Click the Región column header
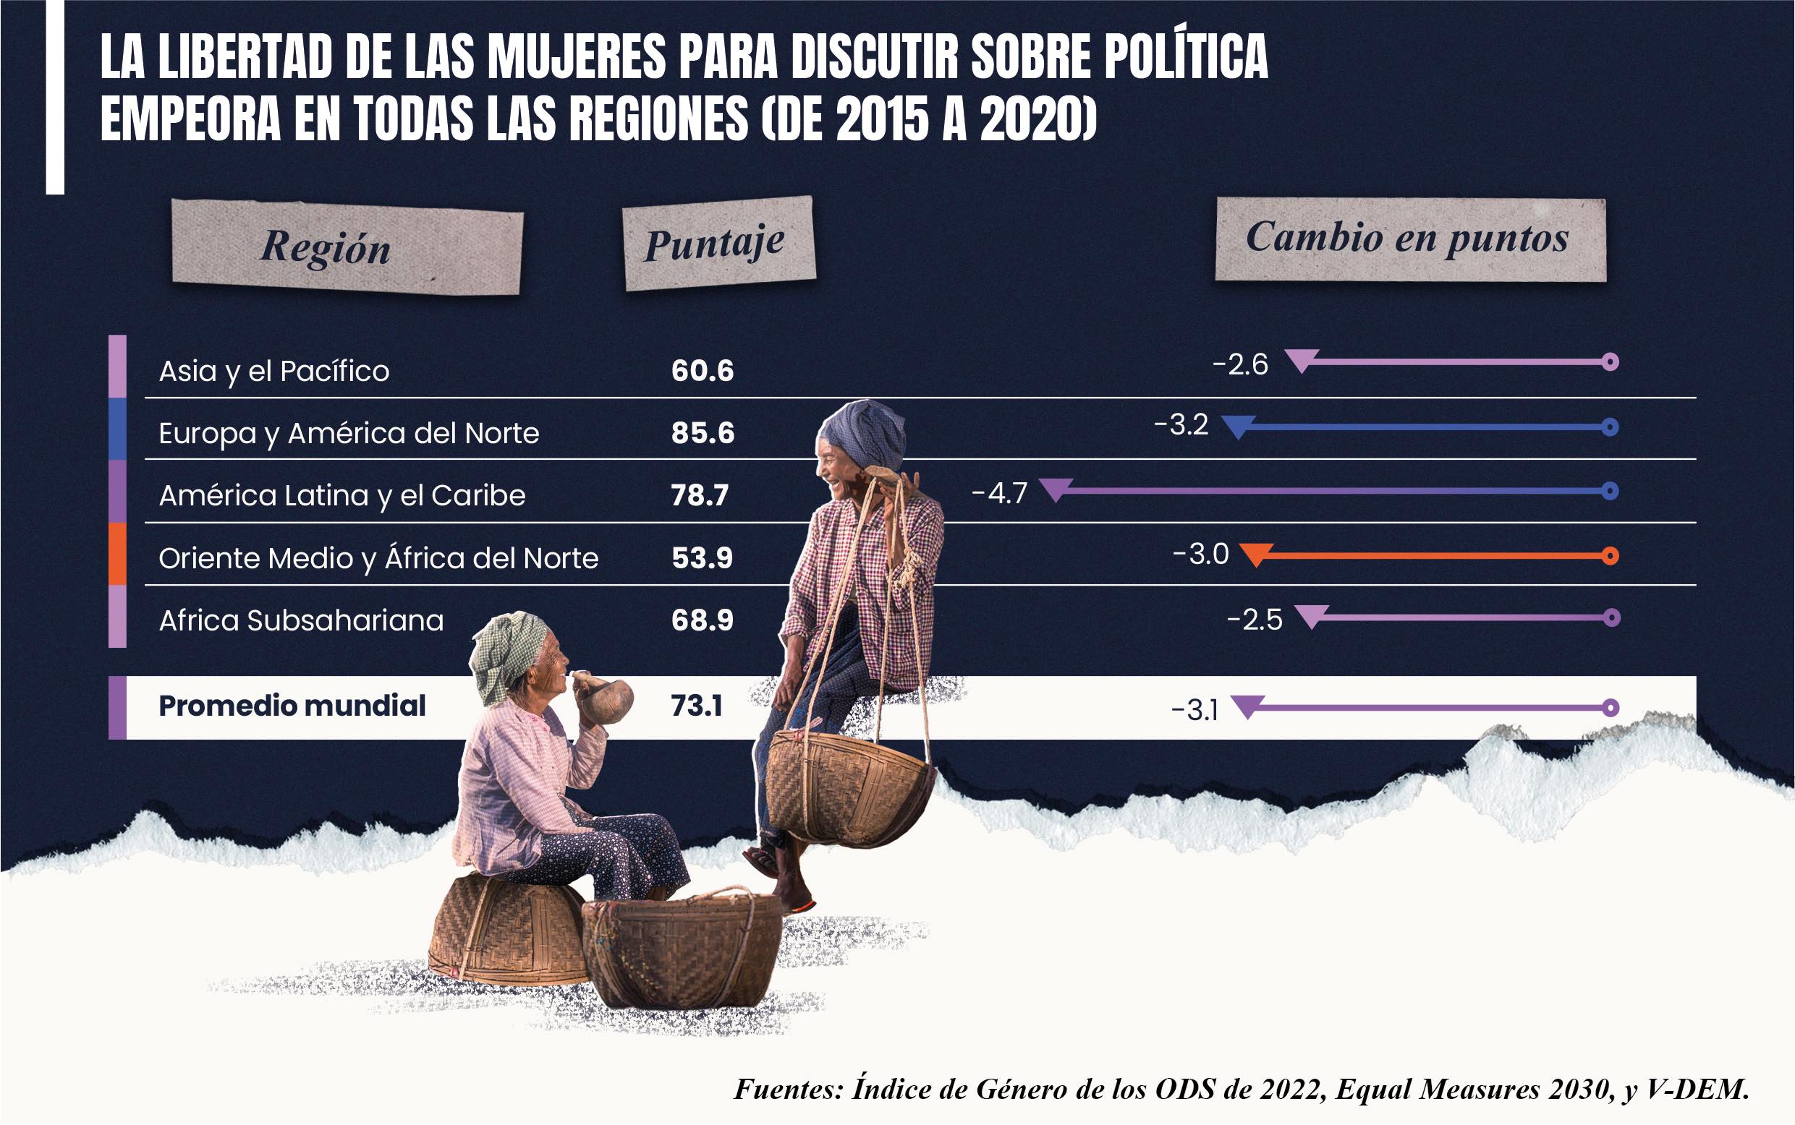[326, 247]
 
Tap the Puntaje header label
[715, 244]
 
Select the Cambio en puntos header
[1407, 238]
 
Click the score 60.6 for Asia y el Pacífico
[702, 370]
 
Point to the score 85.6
[702, 433]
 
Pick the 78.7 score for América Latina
[699, 495]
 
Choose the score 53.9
[701, 558]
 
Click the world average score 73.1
[696, 706]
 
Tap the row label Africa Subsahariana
[301, 620]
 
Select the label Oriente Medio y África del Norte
[378, 558]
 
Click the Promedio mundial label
[292, 706]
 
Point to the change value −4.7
[999, 493]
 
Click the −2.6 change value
[1239, 364]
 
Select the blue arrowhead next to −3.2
[1237, 427]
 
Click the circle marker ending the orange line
[1610, 556]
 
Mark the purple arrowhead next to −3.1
[1247, 706]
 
